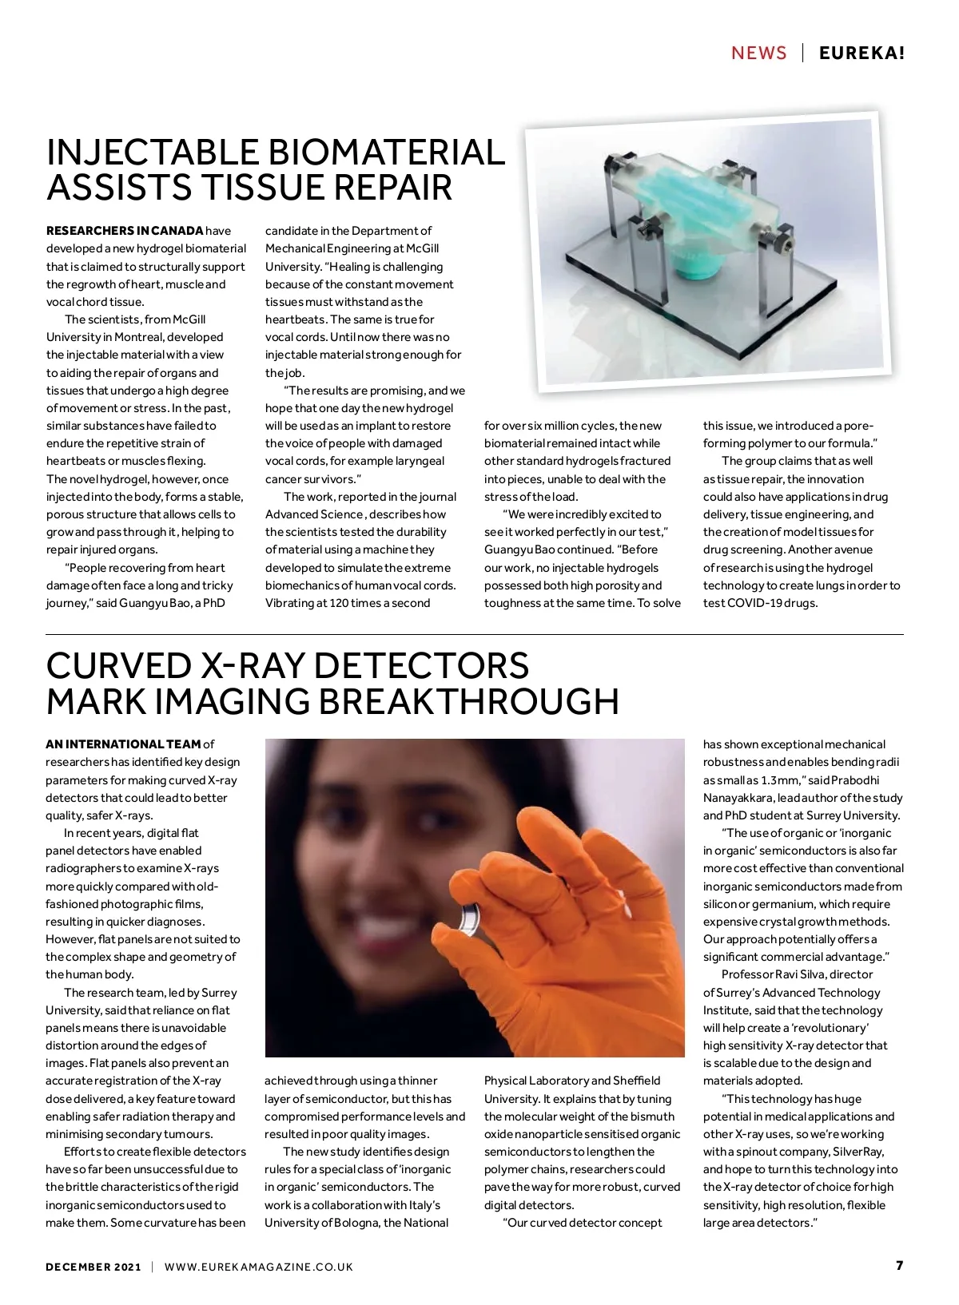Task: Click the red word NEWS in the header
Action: pyautogui.click(x=758, y=54)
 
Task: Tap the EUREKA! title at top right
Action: pyautogui.click(x=862, y=54)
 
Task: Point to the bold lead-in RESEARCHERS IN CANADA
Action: pyautogui.click(x=125, y=231)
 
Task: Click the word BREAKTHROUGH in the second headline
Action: pyautogui.click(x=469, y=701)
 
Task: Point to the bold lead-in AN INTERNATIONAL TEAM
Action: pyautogui.click(x=123, y=744)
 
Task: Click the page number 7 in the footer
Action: pyautogui.click(x=899, y=1266)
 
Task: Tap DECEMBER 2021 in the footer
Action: pyautogui.click(x=94, y=1267)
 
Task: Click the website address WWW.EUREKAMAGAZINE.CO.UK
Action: pyautogui.click(x=258, y=1267)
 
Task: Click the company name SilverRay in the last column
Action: pyautogui.click(x=858, y=1152)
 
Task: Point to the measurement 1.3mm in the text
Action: pyautogui.click(x=774, y=780)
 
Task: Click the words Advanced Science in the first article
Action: pyautogui.click(x=314, y=514)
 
